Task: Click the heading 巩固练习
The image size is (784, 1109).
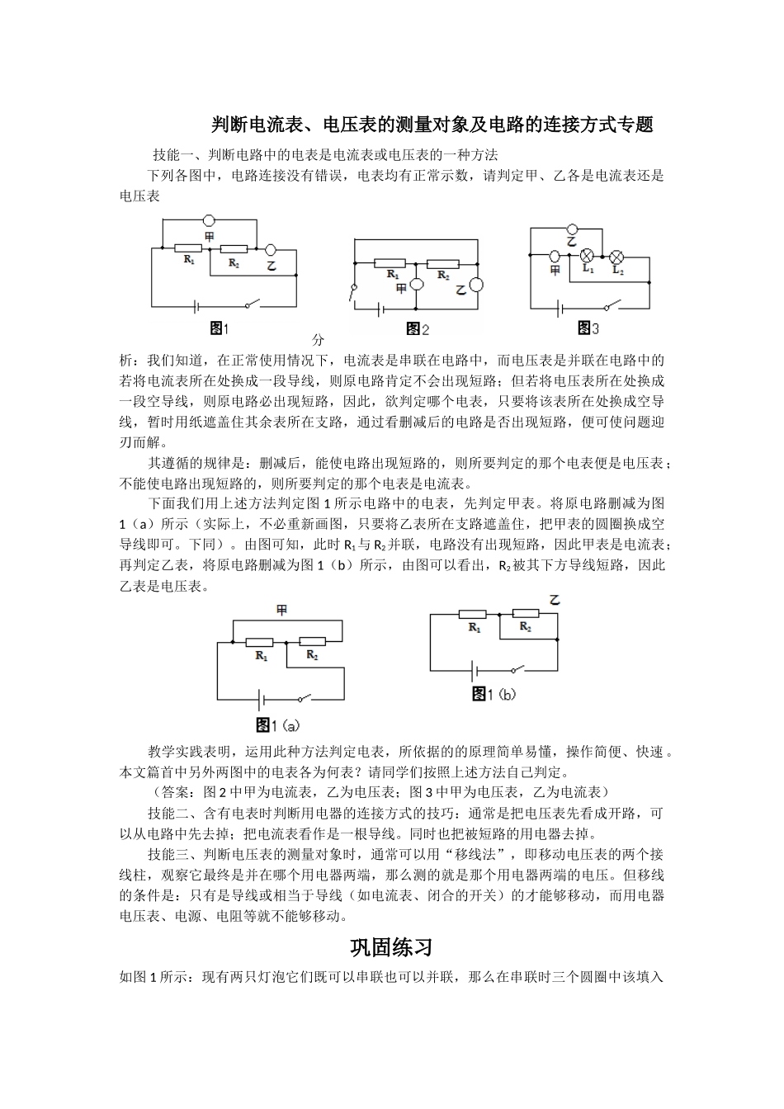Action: coord(391,946)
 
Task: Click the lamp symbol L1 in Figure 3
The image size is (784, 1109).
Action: coord(588,255)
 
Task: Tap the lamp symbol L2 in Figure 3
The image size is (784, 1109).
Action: coord(616,255)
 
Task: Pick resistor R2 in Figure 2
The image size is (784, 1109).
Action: coord(443,264)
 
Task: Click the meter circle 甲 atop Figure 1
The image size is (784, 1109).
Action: coord(210,220)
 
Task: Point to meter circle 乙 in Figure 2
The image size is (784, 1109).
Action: coord(476,286)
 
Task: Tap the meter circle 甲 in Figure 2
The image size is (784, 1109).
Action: coord(418,286)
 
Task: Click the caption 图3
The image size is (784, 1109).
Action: coord(588,328)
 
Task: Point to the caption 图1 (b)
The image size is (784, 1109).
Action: coord(493,694)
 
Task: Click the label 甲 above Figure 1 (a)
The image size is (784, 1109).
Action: coord(281,611)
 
